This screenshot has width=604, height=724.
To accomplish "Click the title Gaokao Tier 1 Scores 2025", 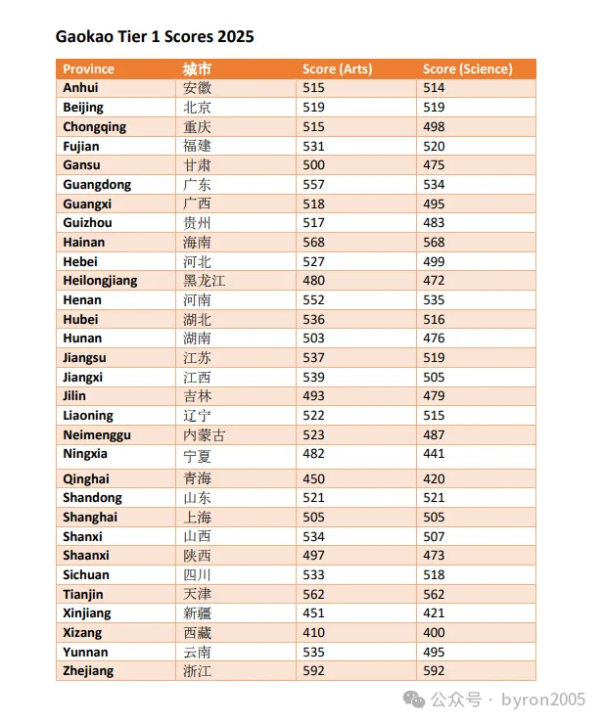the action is coord(155,36).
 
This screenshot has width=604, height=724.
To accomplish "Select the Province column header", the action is coord(88,68).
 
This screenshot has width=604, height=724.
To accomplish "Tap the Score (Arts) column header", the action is coord(338,68).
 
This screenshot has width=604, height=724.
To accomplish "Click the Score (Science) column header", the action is coord(468,68).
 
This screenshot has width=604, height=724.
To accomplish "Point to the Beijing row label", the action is coord(83,108).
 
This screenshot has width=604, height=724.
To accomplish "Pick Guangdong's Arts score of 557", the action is coord(314,185).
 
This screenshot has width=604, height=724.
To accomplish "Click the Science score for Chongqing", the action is coord(434,127).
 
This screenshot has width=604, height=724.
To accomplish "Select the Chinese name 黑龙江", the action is coord(205,281).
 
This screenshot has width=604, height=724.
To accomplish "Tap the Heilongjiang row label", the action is coord(100,281).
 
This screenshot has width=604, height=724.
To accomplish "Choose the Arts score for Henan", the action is coord(314,300).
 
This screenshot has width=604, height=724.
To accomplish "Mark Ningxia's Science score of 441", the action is coord(434,453).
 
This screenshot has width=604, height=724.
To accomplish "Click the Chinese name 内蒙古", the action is coord(205,435).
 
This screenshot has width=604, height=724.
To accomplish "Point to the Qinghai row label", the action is coord(86,478).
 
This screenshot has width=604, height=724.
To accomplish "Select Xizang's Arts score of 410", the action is coord(314,633).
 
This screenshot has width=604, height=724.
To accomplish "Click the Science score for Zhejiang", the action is coord(434,671).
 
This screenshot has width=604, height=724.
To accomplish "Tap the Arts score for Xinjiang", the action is coord(314,613).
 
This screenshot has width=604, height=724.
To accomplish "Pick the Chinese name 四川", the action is coord(198,575).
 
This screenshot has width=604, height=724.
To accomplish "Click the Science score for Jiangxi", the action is coord(434,378).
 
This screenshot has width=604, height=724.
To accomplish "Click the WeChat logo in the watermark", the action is coord(414,700).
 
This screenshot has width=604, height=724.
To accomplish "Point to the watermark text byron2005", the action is coord(543,700).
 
